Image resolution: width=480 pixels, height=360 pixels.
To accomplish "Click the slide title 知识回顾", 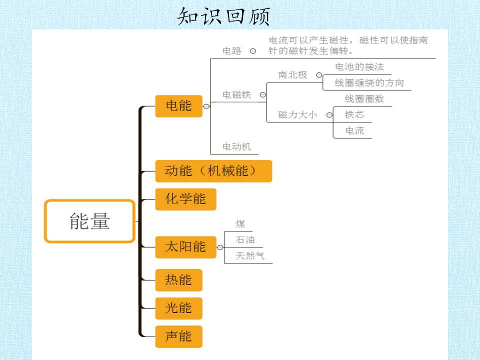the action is pos(223,16).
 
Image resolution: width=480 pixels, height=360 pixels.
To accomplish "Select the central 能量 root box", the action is pos(89,221).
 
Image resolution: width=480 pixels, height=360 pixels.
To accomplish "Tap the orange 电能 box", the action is pos(179,106).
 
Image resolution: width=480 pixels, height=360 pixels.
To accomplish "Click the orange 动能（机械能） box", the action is pos(213,171).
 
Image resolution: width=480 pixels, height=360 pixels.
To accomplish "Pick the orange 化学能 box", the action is pos(186,199).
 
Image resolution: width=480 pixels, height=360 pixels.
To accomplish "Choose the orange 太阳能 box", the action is pos(186,247).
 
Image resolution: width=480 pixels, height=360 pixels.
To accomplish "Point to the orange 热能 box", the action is pos(179,280).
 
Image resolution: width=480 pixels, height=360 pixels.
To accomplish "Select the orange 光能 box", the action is pos(179,308).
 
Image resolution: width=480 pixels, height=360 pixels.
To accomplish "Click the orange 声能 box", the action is pos(179,336).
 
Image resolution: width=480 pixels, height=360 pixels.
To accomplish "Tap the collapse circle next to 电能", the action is pos(206,106).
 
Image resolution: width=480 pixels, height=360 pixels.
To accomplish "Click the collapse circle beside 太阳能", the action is pos(220,247).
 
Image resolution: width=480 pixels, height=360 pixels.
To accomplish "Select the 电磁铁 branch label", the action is pos(236,94).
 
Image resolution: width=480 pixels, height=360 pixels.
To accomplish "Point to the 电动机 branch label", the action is pos(236,146).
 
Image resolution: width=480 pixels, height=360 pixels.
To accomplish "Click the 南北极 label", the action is pos(292,74).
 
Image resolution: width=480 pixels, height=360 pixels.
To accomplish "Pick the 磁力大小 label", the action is pos(297,115).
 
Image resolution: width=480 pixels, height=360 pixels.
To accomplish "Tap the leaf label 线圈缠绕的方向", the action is pos(369,82).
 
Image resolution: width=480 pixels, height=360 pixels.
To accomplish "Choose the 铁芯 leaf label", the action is pos(354,114).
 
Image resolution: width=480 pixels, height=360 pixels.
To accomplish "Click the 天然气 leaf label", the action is pos(250,255).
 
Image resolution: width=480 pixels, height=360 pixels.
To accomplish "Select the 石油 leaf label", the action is pos(245,239).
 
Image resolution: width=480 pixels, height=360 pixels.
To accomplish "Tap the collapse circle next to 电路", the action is pos(253,51).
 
